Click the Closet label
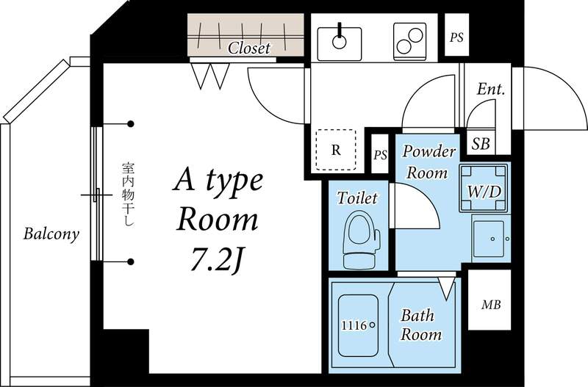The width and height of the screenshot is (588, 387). click(249, 48)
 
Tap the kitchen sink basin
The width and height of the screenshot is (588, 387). click(339, 41)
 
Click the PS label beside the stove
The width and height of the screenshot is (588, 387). click(457, 37)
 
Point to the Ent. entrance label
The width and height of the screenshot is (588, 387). click(490, 90)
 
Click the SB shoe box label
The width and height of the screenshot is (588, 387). click(481, 142)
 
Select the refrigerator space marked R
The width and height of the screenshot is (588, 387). click(336, 150)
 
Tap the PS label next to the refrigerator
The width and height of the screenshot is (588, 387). click(379, 155)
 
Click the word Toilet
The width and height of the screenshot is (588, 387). click(357, 198)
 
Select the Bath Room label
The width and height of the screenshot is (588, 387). click(420, 325)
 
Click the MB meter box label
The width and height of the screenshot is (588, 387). click(491, 304)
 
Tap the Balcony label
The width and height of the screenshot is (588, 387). click(51, 234)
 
